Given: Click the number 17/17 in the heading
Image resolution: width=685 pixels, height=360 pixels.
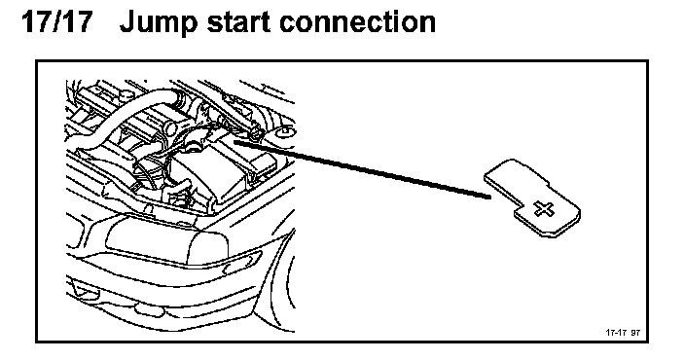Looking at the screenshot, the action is click(x=57, y=21).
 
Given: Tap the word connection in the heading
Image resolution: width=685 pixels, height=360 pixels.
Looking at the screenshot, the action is click(x=358, y=21).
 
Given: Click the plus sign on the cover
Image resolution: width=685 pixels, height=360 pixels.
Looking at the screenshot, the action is click(x=544, y=209).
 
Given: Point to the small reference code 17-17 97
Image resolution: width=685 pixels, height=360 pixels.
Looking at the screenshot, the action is click(x=623, y=333).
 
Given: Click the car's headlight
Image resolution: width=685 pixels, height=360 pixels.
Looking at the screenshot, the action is click(x=168, y=241).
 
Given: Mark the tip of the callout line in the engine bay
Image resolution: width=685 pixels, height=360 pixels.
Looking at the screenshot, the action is click(x=235, y=141).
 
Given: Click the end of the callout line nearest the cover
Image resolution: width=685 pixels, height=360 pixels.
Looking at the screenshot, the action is click(x=490, y=197).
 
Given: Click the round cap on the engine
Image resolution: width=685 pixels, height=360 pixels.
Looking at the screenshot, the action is click(x=169, y=128).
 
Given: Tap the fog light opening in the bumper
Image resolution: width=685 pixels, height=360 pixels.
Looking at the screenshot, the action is click(x=82, y=289).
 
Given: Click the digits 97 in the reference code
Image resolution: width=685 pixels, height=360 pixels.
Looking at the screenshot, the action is click(x=635, y=333).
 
